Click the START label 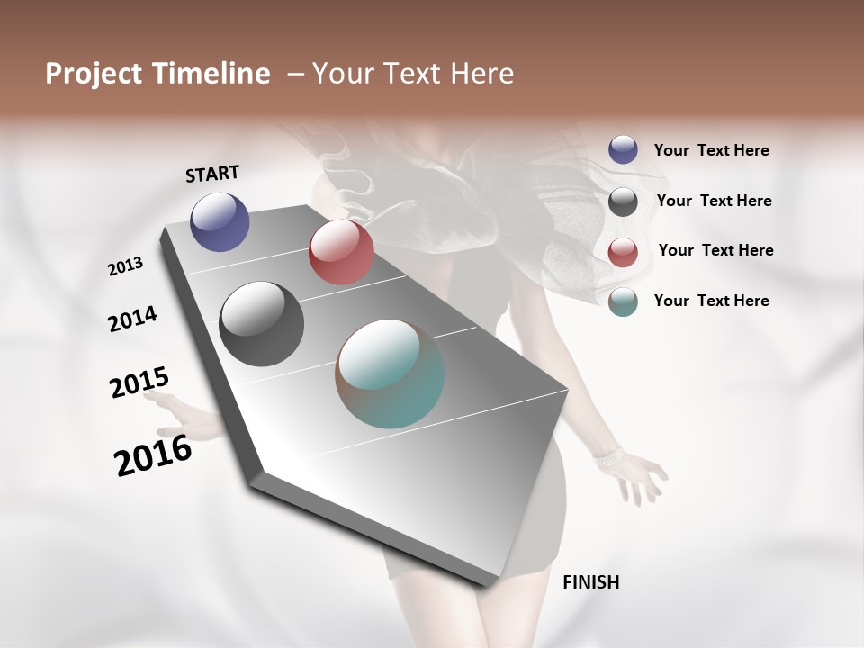tap(212, 174)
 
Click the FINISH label tap(590, 582)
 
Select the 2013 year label tap(125, 266)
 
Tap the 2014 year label tap(132, 319)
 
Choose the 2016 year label tap(153, 455)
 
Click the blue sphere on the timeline tap(220, 221)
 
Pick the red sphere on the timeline tap(341, 252)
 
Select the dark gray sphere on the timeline tap(261, 324)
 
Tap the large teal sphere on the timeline tap(390, 373)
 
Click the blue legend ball tap(623, 149)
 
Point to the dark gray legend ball tap(623, 201)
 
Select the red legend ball tap(623, 251)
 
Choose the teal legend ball tap(623, 301)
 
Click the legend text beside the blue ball tap(711, 151)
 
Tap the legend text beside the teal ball tap(711, 301)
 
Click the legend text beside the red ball tap(715, 250)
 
